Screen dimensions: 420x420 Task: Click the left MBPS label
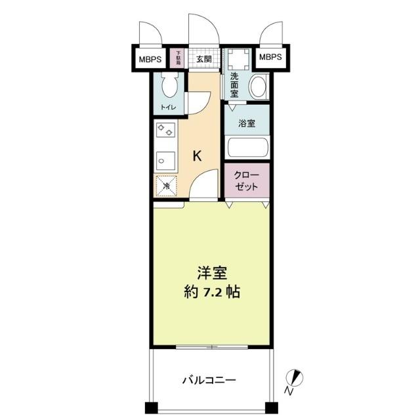coord(150,58)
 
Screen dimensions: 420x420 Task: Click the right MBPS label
coord(270,58)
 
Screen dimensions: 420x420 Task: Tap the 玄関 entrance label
coord(203,59)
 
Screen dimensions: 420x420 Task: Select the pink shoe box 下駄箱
coord(177,59)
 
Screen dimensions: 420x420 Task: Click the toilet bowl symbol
coord(170,86)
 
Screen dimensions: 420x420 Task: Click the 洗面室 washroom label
coord(235,86)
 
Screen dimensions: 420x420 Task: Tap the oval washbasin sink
coord(259,86)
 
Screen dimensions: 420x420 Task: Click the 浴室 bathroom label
coord(247,123)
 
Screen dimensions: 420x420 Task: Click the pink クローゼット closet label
coord(247,180)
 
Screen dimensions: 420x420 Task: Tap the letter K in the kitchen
coord(196,156)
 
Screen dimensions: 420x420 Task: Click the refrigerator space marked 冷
coord(167,186)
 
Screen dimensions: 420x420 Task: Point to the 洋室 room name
coord(211,272)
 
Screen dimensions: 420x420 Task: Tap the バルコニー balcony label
coord(209,379)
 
